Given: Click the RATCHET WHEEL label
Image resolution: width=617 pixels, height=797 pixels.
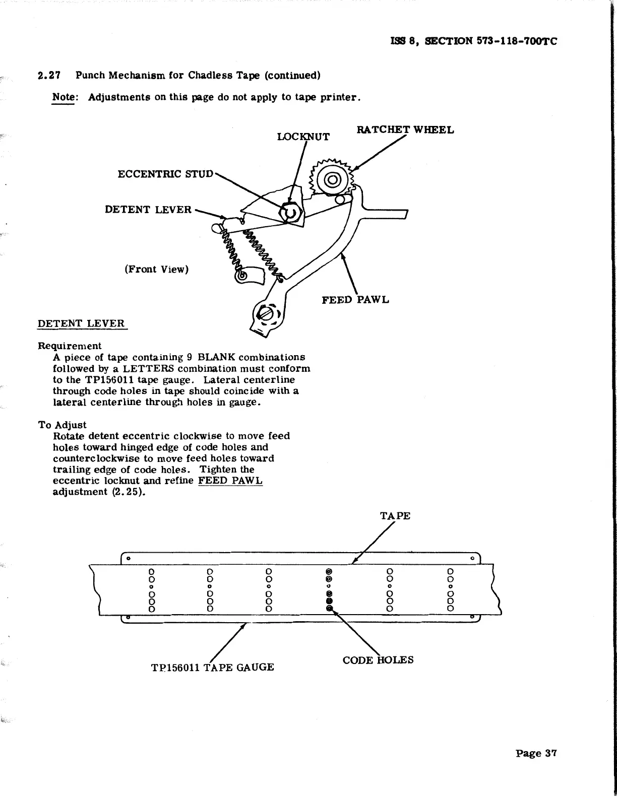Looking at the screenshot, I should (405, 130).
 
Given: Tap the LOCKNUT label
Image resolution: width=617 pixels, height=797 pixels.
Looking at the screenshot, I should (303, 137).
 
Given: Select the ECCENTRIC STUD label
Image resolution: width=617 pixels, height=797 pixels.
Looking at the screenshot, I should (165, 174).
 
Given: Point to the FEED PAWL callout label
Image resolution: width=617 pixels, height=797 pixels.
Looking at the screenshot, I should (355, 300).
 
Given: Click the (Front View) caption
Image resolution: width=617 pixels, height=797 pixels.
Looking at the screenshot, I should (156, 269).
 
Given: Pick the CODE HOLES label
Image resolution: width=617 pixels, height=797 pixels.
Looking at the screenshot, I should (378, 660).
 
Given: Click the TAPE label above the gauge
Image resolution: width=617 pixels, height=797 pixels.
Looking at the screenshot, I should (395, 516).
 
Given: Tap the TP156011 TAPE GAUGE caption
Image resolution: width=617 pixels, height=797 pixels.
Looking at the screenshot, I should (212, 668).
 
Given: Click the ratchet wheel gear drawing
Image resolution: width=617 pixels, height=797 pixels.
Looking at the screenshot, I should (332, 179).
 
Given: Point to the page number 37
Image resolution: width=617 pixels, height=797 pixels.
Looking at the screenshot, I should (536, 754).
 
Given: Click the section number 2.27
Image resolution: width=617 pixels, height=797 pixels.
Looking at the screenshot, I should (49, 76).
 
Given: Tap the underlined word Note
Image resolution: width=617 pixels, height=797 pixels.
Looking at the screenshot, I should (64, 97).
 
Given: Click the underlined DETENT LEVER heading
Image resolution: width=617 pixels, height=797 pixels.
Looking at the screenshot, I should (81, 323).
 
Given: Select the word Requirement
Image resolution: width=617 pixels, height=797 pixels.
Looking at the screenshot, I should (70, 346).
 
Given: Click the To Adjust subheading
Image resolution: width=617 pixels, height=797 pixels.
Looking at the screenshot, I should (62, 425).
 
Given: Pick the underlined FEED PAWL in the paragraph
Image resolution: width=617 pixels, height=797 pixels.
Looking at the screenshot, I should (230, 481).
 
